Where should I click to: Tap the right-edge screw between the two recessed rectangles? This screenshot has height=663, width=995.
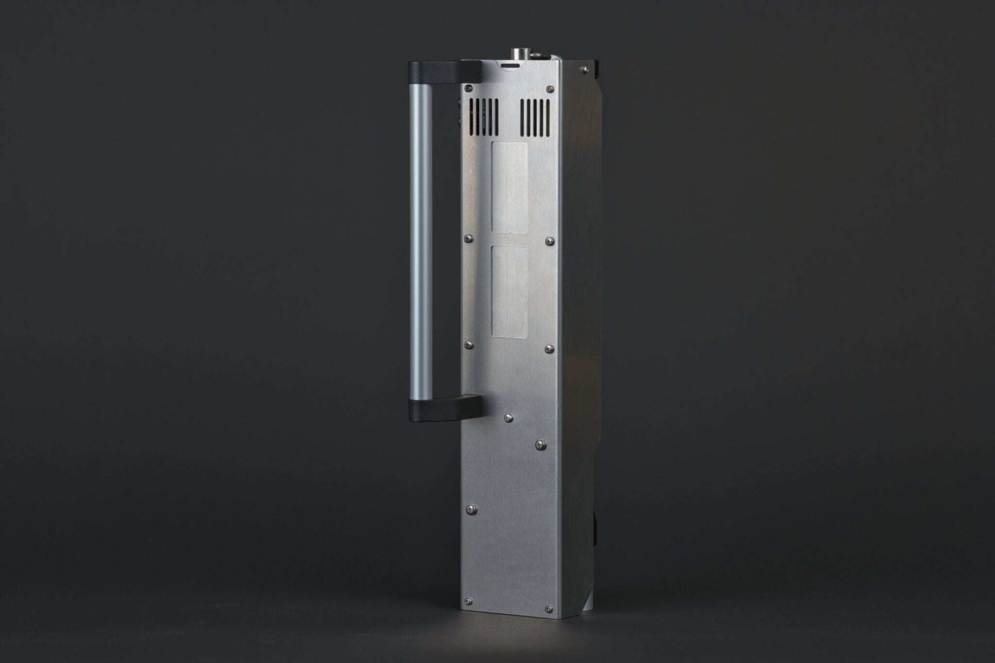[549, 240]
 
